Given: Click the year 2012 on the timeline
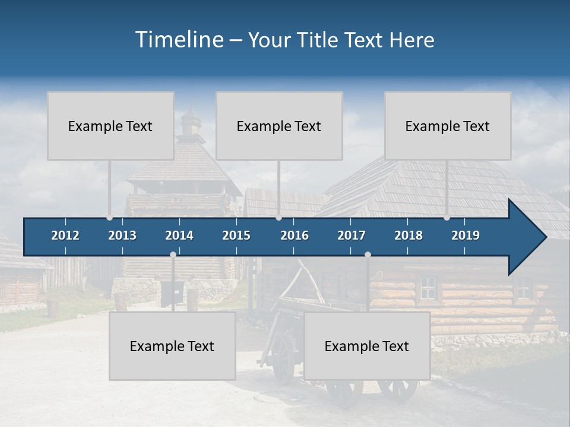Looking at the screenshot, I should (65, 235).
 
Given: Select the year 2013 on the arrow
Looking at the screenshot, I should (122, 235).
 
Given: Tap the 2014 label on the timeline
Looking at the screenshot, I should (179, 235).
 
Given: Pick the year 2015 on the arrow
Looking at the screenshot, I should (236, 235).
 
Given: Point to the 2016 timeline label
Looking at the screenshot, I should (294, 235).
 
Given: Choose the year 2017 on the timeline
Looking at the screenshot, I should (351, 235).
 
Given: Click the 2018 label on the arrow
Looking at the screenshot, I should (408, 235).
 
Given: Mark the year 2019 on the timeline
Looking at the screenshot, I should (465, 235).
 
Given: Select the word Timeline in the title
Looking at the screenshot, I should (179, 40).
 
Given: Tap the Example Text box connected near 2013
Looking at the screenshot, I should (110, 126).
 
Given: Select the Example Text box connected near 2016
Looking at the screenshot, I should (279, 126).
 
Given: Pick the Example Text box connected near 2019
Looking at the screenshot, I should (448, 126).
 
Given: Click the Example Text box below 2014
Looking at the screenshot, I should (172, 346).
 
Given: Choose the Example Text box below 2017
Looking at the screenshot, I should (367, 346).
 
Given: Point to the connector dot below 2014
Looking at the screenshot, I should (173, 254).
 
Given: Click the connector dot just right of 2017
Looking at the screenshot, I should (368, 254).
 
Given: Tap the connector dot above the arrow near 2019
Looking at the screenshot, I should (446, 217).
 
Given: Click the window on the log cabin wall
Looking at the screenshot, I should (428, 288).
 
